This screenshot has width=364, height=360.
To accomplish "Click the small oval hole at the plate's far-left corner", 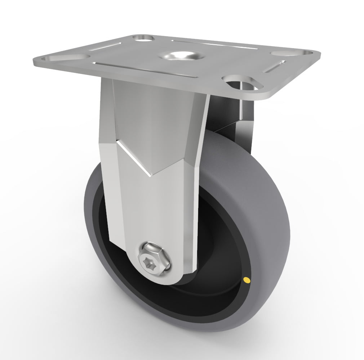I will point(143,37).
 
